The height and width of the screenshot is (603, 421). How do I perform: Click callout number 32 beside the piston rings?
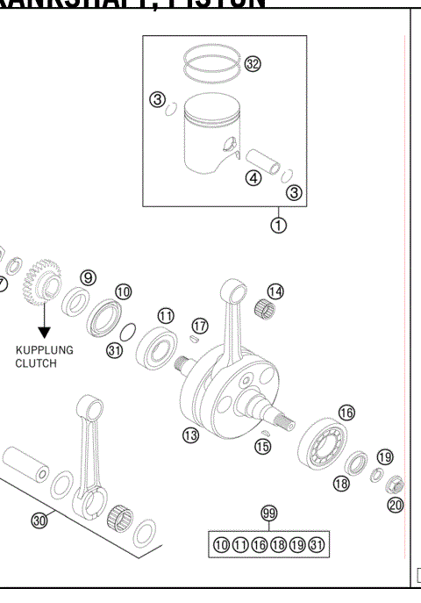pos(253,64)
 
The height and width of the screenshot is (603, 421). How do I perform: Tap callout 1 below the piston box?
pos(279,224)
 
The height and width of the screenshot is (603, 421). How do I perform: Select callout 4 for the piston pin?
pos(253,178)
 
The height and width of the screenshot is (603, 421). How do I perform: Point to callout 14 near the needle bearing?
pos(275,291)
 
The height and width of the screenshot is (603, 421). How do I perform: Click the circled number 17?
pos(199,325)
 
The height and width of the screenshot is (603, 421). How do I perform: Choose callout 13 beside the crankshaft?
pos(189,434)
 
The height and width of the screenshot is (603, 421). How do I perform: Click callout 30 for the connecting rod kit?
pos(39,520)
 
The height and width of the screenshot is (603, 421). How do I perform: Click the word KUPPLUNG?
pos(45,349)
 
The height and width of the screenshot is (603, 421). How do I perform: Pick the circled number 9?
pos(89,277)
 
